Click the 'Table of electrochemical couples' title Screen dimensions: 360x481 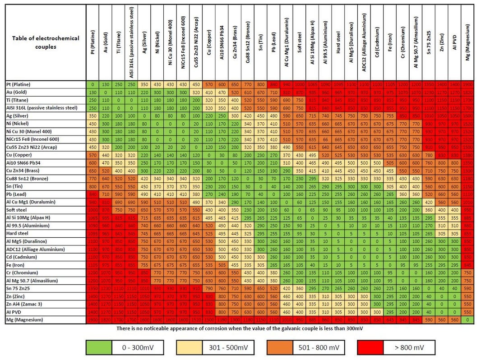coord(46,42)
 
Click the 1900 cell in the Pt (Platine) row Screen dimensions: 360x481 coord(467,84)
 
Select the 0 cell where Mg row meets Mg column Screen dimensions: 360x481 coord(467,320)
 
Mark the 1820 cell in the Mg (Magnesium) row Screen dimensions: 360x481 coord(105,320)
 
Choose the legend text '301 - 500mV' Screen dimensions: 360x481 coord(228,347)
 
